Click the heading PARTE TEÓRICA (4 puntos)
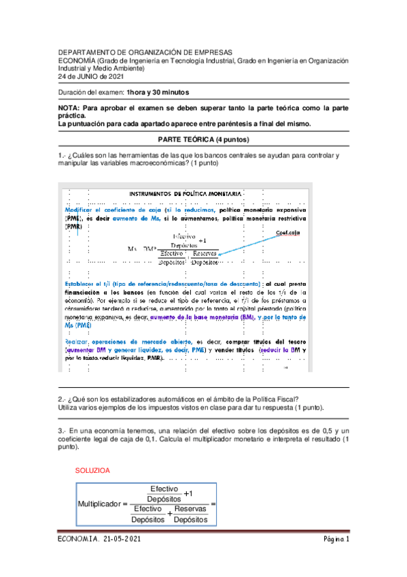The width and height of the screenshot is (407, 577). point(204,139)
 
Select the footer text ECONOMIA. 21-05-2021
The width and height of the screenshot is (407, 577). point(101,540)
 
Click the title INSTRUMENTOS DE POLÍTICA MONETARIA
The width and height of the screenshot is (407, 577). point(185,194)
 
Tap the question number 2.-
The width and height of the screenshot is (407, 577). point(61,399)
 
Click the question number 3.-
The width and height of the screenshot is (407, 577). point(61,431)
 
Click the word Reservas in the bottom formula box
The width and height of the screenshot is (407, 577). point(190,509)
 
